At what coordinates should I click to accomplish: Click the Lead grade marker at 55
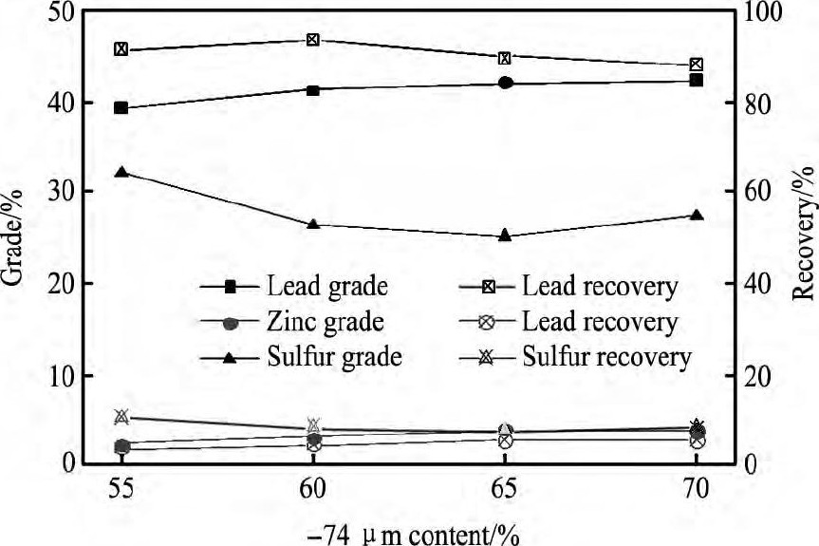pyautogui.click(x=121, y=108)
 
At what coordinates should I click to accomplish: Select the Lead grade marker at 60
pyautogui.click(x=313, y=89)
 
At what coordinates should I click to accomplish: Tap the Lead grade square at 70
pyautogui.click(x=696, y=81)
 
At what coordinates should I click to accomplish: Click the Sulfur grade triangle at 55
pyautogui.click(x=121, y=172)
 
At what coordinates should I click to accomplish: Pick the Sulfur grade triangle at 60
pyautogui.click(x=313, y=224)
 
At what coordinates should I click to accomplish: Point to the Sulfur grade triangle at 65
pyautogui.click(x=505, y=235)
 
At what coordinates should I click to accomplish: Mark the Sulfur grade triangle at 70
pyautogui.click(x=696, y=216)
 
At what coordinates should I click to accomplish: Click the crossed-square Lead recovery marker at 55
pyautogui.click(x=121, y=48)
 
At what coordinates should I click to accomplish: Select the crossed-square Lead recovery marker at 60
pyautogui.click(x=313, y=40)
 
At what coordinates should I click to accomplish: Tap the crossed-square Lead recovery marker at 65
pyautogui.click(x=505, y=58)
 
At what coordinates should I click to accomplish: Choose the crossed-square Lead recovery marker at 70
pyautogui.click(x=696, y=65)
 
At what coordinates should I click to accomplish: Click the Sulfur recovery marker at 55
pyautogui.click(x=121, y=416)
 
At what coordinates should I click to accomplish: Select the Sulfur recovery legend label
pyautogui.click(x=605, y=357)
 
